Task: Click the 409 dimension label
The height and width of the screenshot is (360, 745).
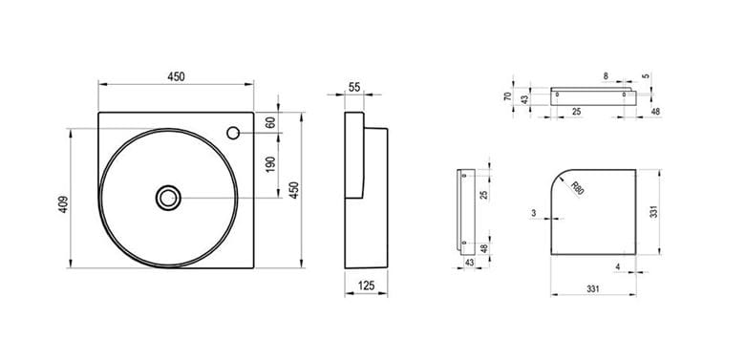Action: (64, 204)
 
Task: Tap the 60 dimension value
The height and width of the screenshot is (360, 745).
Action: (270, 122)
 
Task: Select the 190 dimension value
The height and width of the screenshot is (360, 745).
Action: (270, 164)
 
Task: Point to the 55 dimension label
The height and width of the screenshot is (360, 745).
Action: (354, 87)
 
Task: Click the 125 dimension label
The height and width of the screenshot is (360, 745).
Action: (367, 286)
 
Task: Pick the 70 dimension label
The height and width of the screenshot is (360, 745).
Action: (508, 95)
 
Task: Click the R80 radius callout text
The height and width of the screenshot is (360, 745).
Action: (577, 188)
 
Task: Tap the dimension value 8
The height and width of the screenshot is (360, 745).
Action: (606, 76)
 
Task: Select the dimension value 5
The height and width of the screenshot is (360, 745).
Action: (647, 76)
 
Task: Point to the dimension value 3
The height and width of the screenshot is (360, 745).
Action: (534, 214)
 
